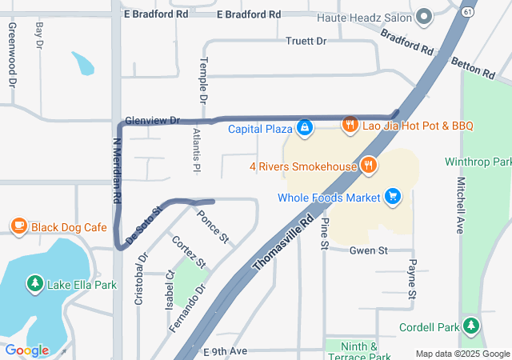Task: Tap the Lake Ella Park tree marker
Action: pos(35,284)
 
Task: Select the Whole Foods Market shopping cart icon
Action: pos(392,197)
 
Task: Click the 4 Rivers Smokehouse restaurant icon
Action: pos(368,166)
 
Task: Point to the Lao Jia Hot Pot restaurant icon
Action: pos(350,125)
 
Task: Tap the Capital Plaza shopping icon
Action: pos(305,128)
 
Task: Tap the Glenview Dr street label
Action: pos(153,120)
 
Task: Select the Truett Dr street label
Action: pos(306,41)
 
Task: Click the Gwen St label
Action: pos(368,250)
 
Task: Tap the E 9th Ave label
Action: pos(227,351)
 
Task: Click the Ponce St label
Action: pos(213,227)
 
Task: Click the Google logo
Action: pos(26,350)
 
